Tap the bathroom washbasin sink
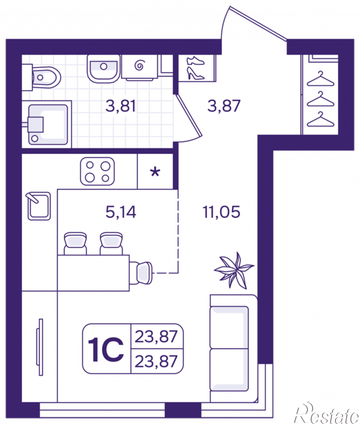point(103,69)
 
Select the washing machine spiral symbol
point(140,65)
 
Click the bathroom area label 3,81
point(120,106)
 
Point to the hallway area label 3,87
point(223,106)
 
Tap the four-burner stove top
point(97,171)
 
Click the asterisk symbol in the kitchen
point(155,172)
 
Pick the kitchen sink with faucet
point(39,206)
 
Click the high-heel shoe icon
point(196,73)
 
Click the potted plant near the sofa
point(234,270)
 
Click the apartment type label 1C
point(106,349)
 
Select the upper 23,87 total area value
point(156,337)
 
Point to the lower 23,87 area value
point(156,361)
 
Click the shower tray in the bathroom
point(47,125)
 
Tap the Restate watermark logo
point(327,413)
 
